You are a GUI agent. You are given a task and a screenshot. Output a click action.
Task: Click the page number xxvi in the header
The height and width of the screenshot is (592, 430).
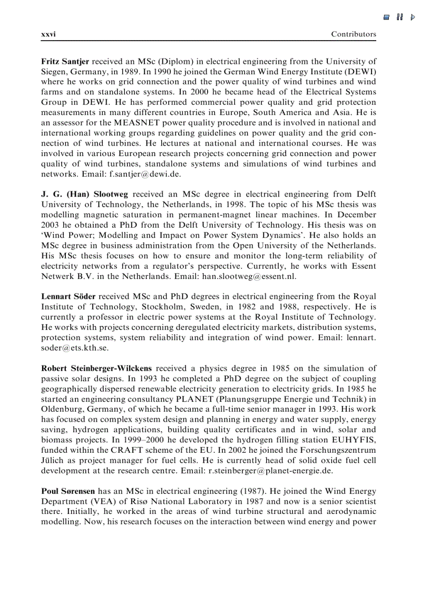(48, 34)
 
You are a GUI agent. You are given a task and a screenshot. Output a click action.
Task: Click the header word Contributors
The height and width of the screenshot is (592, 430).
(354, 34)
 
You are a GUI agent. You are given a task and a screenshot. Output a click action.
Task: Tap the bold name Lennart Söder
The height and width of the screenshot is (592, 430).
(69, 297)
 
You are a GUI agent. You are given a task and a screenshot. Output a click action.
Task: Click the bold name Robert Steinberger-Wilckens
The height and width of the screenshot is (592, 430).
(97, 368)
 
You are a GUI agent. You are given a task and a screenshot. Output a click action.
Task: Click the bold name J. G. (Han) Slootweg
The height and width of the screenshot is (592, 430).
(85, 195)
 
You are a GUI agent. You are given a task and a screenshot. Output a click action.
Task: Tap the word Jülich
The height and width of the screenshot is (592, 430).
(52, 460)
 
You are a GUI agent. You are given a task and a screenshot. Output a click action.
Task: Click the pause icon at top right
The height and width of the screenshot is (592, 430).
(400, 17)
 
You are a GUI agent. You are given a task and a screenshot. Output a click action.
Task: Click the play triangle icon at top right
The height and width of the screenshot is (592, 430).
(413, 17)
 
